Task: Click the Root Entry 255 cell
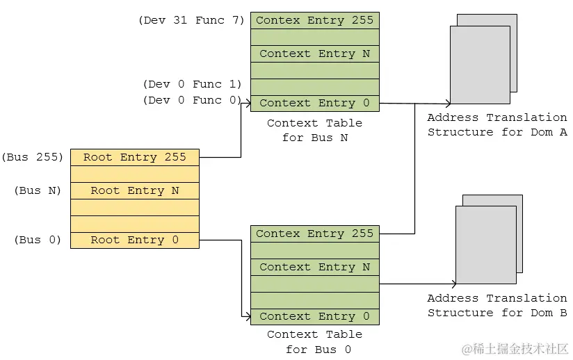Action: click(134, 157)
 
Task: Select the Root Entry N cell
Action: click(134, 190)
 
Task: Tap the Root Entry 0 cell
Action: click(134, 240)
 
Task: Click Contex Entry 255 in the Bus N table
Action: click(314, 20)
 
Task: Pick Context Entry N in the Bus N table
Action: click(314, 54)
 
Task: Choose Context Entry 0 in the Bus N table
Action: click(314, 103)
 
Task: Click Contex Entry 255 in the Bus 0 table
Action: click(314, 234)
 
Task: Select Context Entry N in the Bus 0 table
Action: click(314, 267)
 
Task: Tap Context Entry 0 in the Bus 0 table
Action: click(314, 316)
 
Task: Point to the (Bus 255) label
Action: click(33, 157)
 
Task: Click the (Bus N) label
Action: click(38, 190)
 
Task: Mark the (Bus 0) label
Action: click(38, 240)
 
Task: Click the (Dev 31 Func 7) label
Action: click(192, 20)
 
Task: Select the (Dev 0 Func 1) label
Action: click(192, 84)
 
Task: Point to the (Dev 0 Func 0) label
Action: click(192, 101)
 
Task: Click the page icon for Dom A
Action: click(481, 63)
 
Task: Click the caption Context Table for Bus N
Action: click(314, 130)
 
